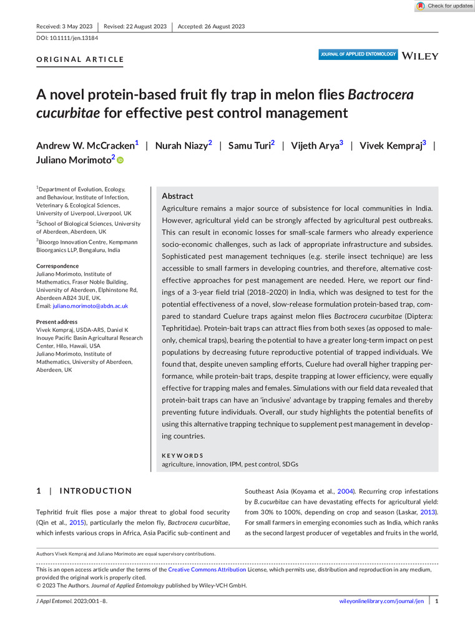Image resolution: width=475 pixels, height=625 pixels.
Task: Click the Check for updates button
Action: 445,6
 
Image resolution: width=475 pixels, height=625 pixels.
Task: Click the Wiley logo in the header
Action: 421,56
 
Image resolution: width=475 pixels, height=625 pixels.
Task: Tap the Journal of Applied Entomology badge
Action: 358,54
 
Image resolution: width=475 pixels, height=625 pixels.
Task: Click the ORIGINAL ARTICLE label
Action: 80,60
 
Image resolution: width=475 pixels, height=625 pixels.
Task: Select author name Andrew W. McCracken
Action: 85,146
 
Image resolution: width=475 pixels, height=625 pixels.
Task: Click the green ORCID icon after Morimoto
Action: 120,161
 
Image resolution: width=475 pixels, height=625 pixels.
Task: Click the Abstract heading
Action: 177,196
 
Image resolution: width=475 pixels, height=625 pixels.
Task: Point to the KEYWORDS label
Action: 182,456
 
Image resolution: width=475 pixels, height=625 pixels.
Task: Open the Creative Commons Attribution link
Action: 207,570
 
